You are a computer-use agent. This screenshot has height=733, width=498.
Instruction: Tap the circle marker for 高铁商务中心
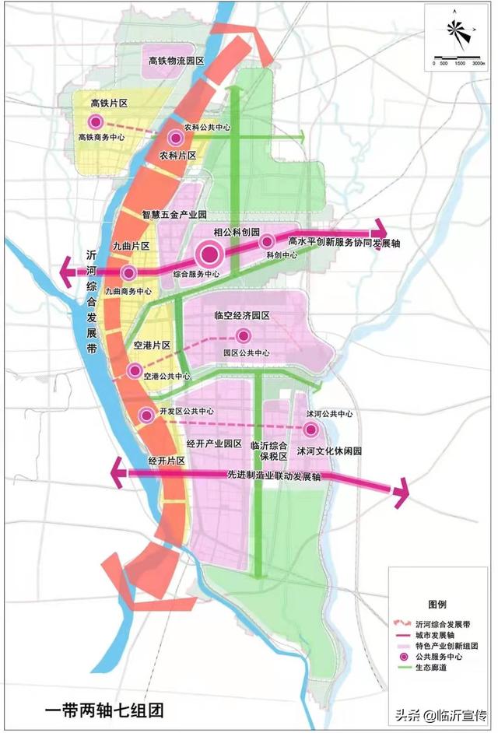pyautogui.click(x=96, y=121)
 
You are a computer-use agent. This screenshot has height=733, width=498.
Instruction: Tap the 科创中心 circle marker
pyautogui.click(x=267, y=241)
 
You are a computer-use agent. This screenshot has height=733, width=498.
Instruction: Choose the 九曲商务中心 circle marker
pyautogui.click(x=129, y=272)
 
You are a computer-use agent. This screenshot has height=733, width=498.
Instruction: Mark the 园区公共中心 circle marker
pyautogui.click(x=244, y=336)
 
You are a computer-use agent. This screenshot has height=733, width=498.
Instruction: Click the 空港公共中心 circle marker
pyautogui.click(x=135, y=370)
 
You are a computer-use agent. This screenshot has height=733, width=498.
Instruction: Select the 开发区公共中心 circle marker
pyautogui.click(x=146, y=415)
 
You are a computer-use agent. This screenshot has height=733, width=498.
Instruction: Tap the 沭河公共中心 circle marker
pyautogui.click(x=310, y=430)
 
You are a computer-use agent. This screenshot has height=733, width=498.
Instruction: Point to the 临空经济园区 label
pyautogui.click(x=241, y=316)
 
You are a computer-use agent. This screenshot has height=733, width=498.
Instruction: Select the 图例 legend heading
pyautogui.click(x=437, y=604)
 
